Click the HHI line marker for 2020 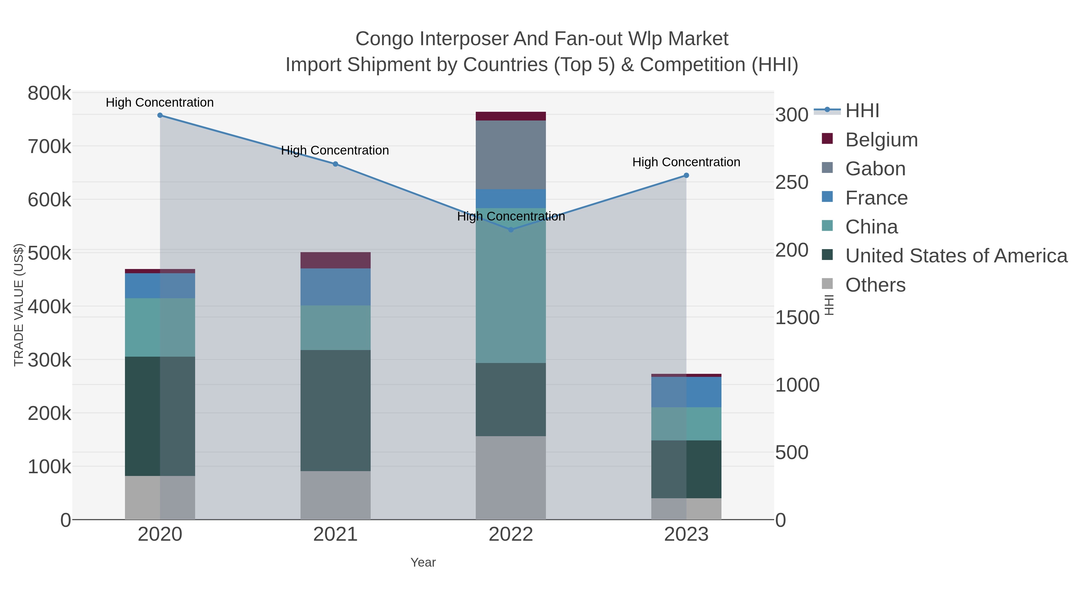pos(160,115)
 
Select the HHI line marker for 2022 pos(511,230)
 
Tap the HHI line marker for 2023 pos(686,176)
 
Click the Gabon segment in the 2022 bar pos(511,155)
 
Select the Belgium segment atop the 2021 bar pos(335,260)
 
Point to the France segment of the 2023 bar pos(686,392)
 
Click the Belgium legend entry pos(881,140)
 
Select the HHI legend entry pos(862,111)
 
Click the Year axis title pos(423,562)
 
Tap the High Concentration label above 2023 pos(686,162)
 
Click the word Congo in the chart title pos(384,39)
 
